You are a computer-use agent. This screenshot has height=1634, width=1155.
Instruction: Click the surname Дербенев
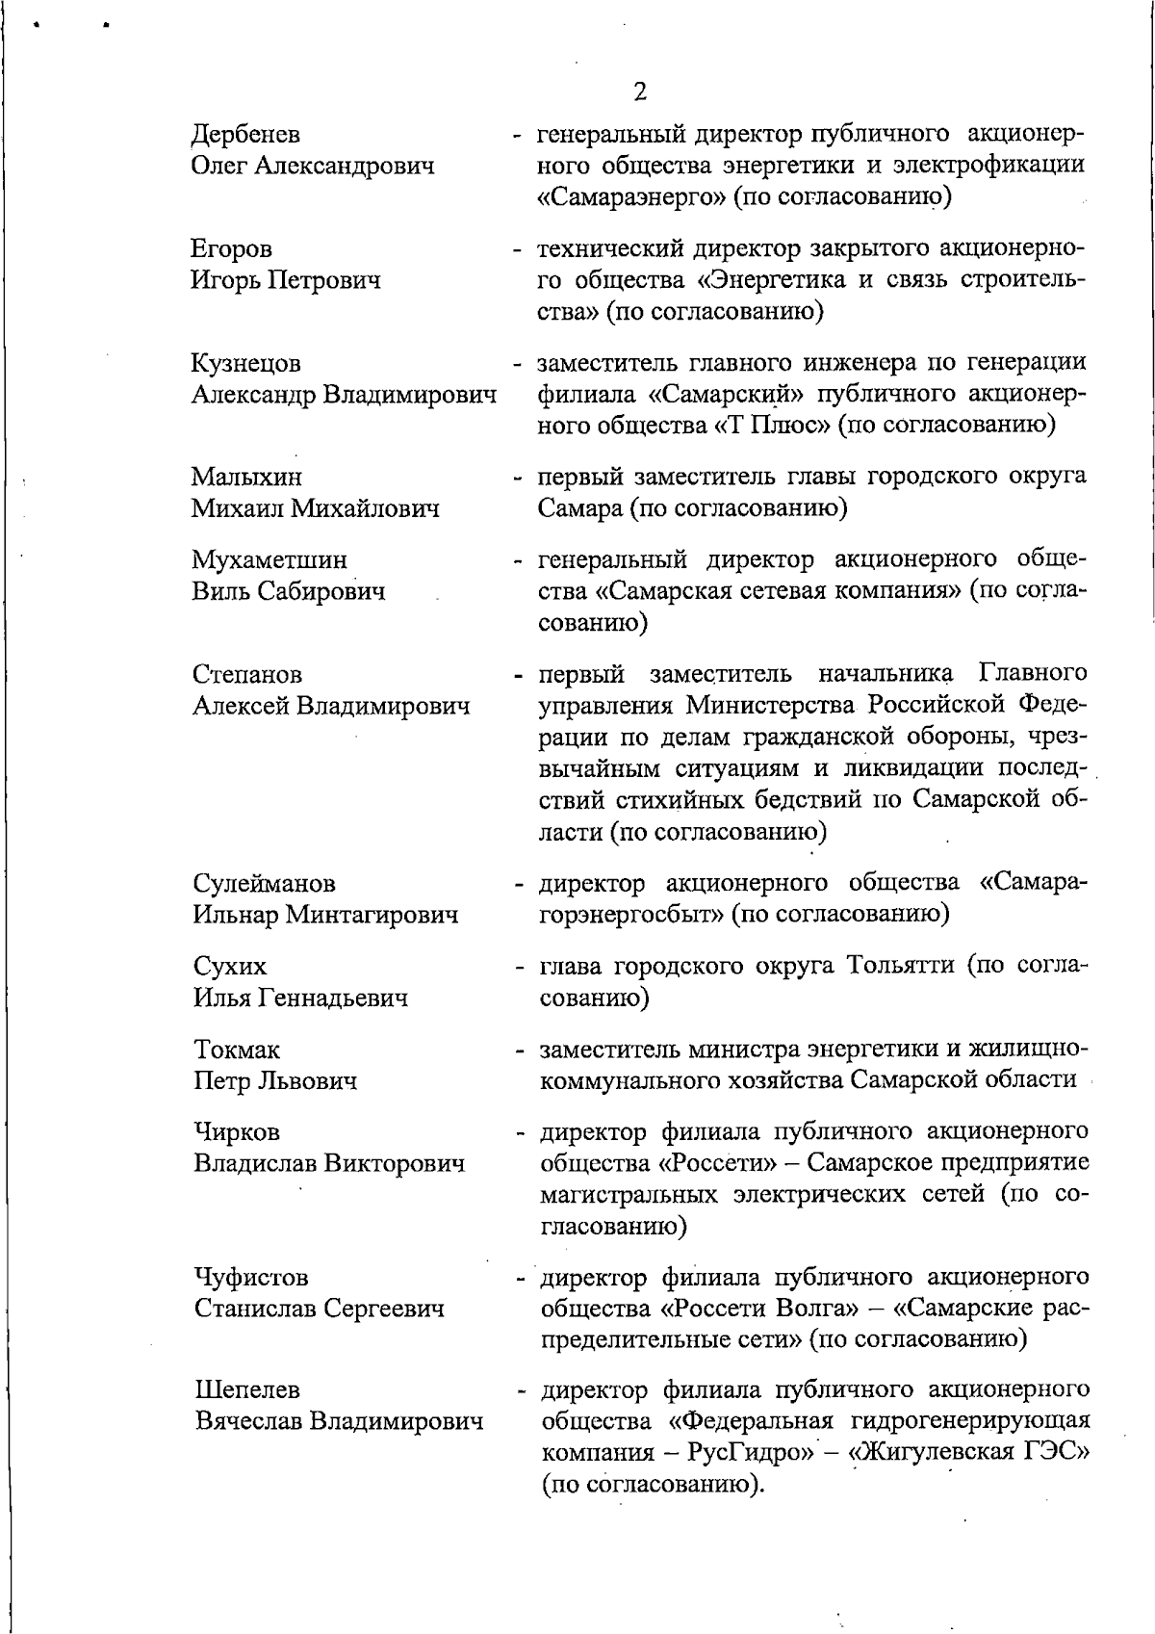pos(245,134)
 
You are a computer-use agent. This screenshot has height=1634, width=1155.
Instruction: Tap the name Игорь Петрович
pos(286,281)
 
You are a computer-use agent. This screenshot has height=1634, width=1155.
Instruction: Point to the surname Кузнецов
pos(246,363)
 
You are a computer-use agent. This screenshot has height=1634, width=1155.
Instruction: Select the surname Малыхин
pos(246,477)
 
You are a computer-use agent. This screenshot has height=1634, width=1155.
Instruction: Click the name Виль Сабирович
pos(289,591)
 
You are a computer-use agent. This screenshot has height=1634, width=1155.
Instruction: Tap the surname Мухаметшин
pos(269,559)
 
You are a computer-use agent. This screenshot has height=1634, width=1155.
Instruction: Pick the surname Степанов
pos(247,674)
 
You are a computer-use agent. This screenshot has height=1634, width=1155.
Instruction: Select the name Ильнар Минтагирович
pos(325,915)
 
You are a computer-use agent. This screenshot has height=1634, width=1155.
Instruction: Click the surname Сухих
pos(230,966)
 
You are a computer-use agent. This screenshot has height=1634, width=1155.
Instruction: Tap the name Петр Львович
pos(275,1080)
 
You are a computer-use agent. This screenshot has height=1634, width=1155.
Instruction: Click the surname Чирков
pos(238,1132)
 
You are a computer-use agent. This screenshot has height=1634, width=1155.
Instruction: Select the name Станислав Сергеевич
pos(320,1309)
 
